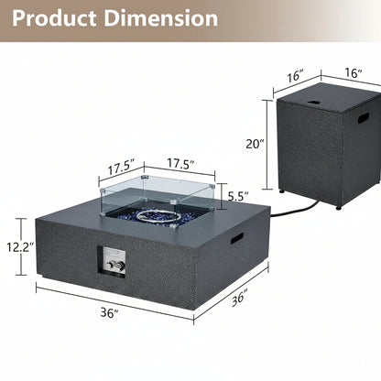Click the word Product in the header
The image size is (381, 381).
54,18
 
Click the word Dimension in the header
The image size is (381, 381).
161,18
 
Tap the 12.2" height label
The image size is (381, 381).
20,246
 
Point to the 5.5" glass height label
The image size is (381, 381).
238,196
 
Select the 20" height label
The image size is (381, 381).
255,144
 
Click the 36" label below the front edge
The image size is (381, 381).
109,312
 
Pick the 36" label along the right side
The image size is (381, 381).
239,299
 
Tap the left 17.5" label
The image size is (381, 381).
121,168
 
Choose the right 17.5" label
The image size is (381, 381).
180,164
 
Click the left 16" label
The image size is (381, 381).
296,75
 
